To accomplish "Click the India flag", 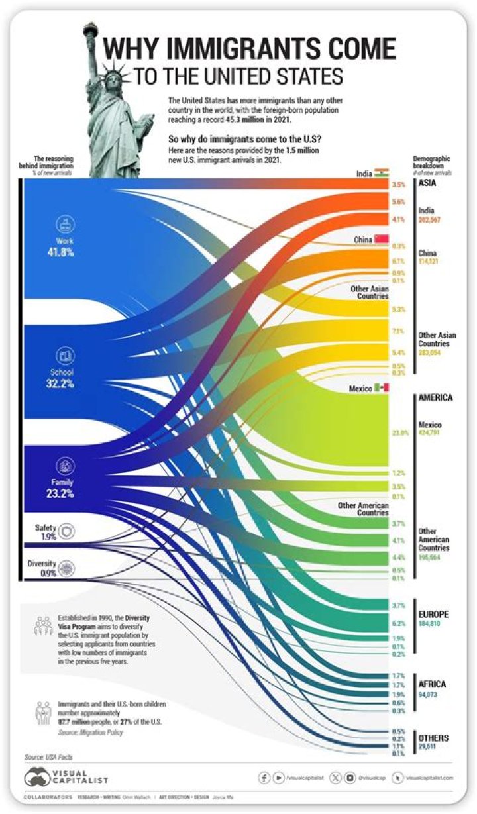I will pos(381,173).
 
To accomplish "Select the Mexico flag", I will pos(382,387).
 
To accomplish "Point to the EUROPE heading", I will pos(433,614).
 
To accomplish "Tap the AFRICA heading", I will pos(432,684).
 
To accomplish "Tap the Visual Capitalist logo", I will pos(66,777).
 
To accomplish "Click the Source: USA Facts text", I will pos(48,756).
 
